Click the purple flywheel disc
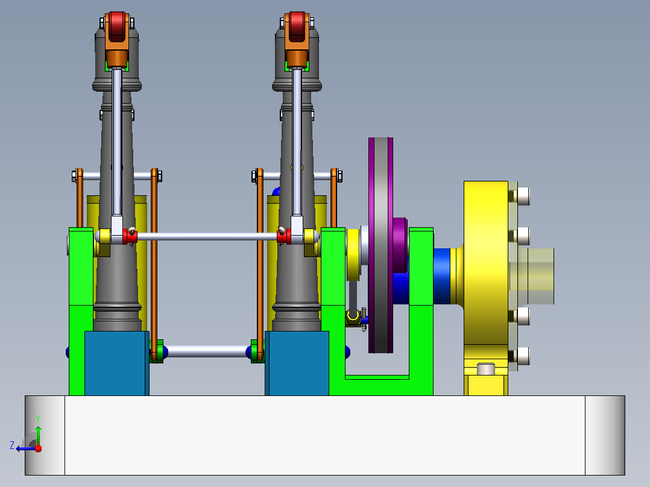(380, 245)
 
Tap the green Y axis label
(38, 419)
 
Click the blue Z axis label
(12, 445)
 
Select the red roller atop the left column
(117, 27)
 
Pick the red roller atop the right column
(297, 27)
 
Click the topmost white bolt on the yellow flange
(523, 196)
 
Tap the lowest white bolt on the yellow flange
(523, 356)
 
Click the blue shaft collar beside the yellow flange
(442, 276)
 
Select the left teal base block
(116, 363)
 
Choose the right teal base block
(297, 363)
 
